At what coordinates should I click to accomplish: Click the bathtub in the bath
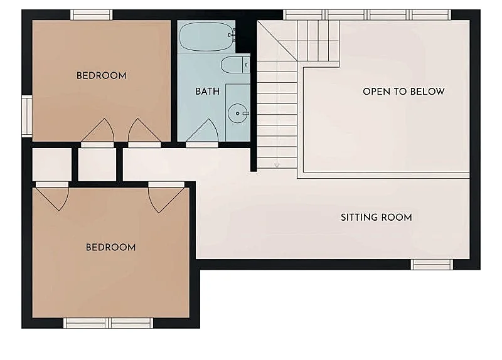(206, 36)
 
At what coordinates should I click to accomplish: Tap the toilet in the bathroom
(235, 65)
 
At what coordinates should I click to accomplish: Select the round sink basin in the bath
(238, 114)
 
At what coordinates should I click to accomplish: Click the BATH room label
(208, 92)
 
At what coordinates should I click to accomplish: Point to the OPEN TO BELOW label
(403, 92)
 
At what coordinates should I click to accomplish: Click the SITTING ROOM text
(376, 218)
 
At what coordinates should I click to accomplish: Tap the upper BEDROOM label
(102, 76)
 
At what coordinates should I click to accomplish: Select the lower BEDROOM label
(111, 247)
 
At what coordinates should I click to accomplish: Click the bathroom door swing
(202, 130)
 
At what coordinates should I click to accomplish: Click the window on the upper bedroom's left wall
(27, 115)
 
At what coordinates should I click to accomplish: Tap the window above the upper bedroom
(92, 14)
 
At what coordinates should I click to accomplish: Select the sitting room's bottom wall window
(432, 264)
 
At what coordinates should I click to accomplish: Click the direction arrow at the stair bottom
(277, 164)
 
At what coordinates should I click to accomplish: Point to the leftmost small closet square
(52, 164)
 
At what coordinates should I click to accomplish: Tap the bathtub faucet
(232, 34)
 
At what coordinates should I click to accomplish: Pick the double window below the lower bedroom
(108, 323)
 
